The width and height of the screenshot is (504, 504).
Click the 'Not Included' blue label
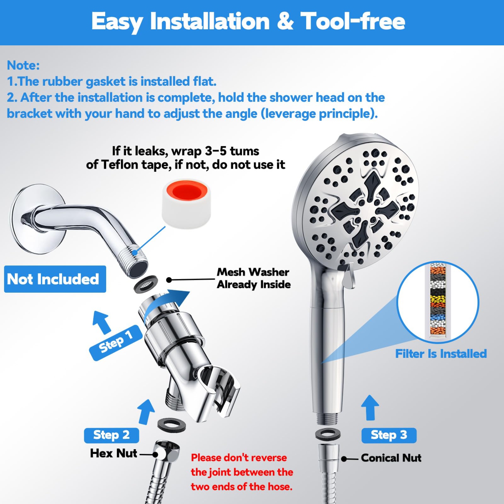(55, 279)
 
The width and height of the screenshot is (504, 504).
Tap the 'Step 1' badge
(115, 343)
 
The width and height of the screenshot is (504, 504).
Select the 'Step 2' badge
(111, 435)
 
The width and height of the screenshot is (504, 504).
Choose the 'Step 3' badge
(389, 435)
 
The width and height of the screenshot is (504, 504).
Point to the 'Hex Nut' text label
(113, 453)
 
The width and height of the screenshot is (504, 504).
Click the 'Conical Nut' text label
(391, 458)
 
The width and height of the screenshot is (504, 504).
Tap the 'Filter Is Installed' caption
(440, 354)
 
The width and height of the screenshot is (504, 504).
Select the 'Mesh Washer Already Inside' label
(253, 278)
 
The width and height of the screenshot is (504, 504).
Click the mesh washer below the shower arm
(146, 284)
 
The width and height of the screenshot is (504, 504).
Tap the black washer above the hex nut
(171, 425)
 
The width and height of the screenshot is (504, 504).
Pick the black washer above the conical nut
(328, 434)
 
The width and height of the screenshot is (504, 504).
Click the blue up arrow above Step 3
(370, 407)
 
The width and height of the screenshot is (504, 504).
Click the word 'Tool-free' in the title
(352, 22)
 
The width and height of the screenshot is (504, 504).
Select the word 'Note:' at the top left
(23, 65)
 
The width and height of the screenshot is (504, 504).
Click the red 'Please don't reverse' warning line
(239, 458)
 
